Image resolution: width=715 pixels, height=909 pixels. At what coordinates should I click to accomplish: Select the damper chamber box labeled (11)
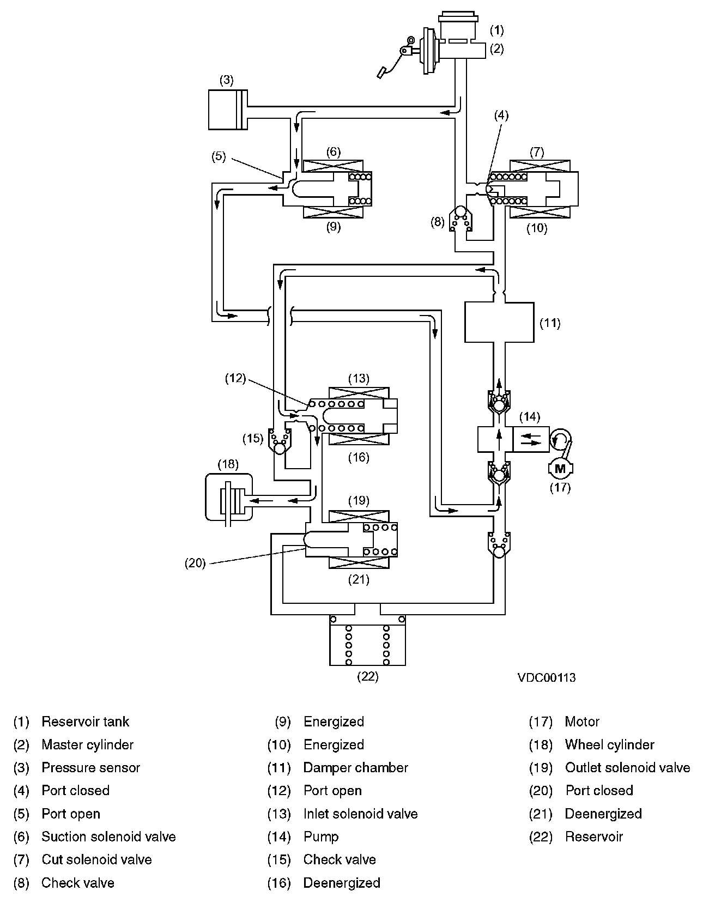(499, 322)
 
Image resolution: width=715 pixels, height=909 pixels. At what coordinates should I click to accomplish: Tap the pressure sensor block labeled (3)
(228, 110)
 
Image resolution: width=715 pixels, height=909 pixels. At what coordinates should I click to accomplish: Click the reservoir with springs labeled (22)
(368, 640)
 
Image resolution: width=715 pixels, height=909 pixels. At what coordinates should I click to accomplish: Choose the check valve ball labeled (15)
(280, 449)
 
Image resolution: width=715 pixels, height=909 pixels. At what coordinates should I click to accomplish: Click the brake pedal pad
(383, 72)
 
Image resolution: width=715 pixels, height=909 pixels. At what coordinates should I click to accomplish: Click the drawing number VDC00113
(547, 678)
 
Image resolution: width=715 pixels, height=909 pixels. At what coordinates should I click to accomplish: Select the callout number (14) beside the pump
(529, 417)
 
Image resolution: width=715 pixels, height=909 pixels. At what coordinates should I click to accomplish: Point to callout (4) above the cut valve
(501, 115)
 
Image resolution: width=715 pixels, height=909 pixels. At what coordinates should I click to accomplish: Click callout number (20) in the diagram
(195, 563)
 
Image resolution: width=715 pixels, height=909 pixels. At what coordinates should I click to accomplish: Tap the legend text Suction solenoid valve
(108, 837)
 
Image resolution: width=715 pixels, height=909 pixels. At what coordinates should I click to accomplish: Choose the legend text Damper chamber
(355, 768)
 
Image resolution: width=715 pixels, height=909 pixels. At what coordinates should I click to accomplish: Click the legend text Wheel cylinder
(609, 744)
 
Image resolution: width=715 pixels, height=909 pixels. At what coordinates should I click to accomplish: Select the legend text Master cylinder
(87, 744)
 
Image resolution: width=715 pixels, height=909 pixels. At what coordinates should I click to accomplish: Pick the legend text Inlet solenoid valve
(360, 814)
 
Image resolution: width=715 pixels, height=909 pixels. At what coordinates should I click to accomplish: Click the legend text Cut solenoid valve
(96, 859)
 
